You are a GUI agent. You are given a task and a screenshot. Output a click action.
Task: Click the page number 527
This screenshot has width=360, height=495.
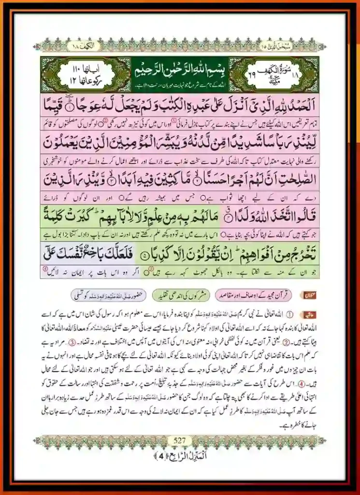pyautogui.click(x=180, y=440)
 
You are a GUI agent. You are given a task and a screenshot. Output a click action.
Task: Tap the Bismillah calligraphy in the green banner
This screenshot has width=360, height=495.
pyautogui.click(x=180, y=72)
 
